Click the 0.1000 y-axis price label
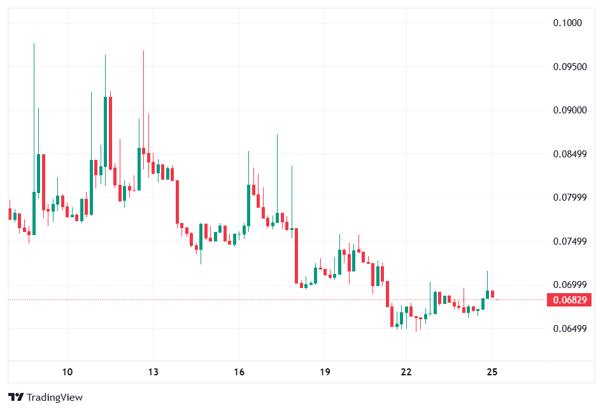(x=567, y=23)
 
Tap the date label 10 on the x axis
(x=68, y=372)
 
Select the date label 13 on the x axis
(x=153, y=372)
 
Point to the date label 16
(x=239, y=372)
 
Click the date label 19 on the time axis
(x=324, y=372)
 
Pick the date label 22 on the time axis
(x=407, y=372)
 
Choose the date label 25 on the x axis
(x=492, y=372)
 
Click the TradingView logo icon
(x=16, y=397)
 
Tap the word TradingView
(x=55, y=397)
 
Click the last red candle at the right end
(x=492, y=294)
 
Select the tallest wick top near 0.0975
(x=34, y=45)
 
